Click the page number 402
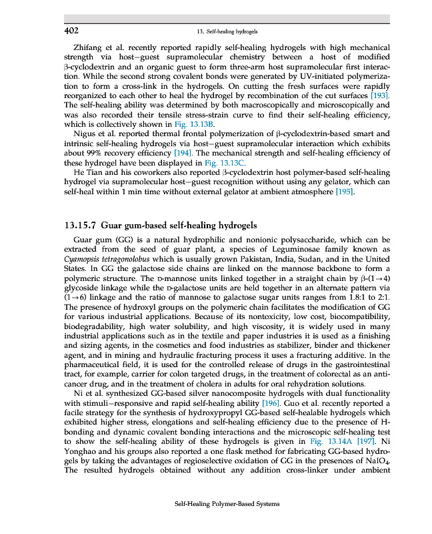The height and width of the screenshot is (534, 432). [x=72, y=31]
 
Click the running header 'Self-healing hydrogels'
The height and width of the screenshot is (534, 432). [x=227, y=31]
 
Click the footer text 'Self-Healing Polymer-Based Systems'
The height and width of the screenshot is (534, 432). [x=227, y=505]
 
